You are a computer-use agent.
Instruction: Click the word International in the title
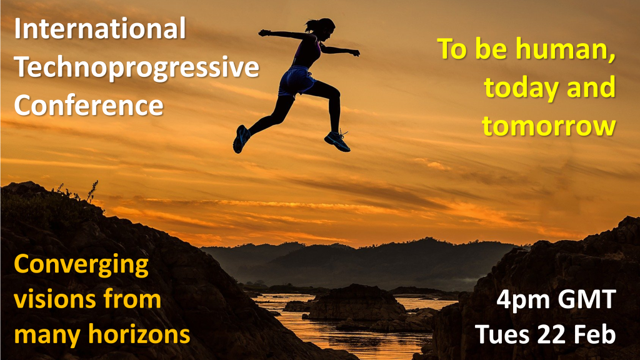click(x=100, y=29)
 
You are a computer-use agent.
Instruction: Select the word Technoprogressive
click(x=136, y=67)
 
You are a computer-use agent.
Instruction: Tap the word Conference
click(x=88, y=104)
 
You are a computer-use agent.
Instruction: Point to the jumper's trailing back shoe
click(x=241, y=139)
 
